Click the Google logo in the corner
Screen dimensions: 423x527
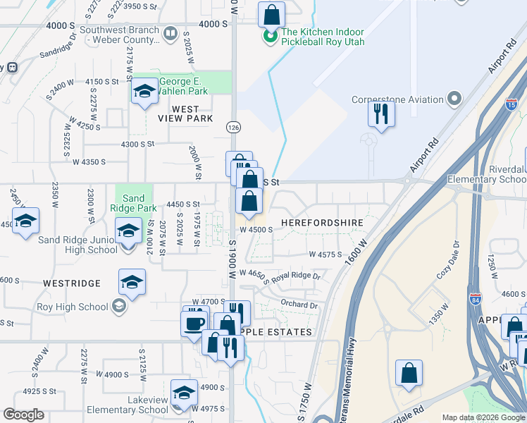coord(23,415)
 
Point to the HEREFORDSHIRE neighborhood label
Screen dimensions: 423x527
coord(322,223)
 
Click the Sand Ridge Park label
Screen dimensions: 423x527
coord(133,204)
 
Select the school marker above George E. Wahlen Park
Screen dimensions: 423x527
coord(144,91)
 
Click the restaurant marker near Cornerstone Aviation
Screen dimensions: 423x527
coord(381,114)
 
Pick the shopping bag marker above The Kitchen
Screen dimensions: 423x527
coord(271,15)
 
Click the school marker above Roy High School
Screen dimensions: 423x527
coord(132,282)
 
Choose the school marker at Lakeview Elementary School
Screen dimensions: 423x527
coord(184,392)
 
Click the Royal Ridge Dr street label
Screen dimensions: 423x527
coord(296,277)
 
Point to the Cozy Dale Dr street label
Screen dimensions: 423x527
coord(447,261)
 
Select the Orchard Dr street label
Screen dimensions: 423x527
coord(299,305)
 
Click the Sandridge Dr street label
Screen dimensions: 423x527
coord(58,53)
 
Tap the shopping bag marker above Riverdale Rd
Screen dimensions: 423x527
coord(409,373)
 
